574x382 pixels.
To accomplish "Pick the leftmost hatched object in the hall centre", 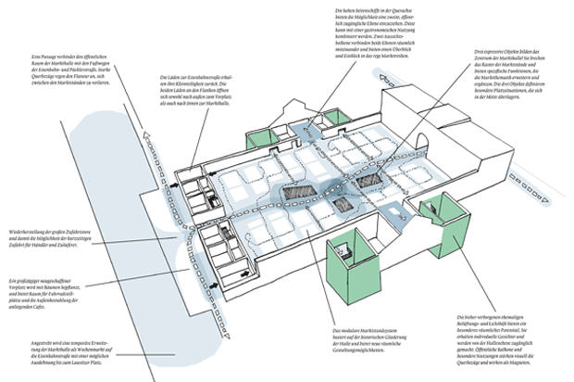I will (x=298, y=192).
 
